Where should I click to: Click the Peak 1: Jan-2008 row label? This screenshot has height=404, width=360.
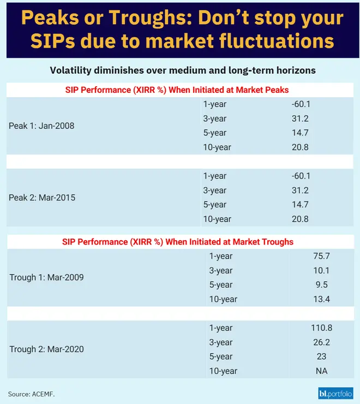tap(41, 126)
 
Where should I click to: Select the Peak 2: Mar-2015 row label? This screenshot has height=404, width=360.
tap(42, 198)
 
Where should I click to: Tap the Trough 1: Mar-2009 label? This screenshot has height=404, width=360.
tap(46, 277)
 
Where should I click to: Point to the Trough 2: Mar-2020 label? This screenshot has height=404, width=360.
tap(46, 349)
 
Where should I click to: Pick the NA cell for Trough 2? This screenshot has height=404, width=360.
tap(321, 371)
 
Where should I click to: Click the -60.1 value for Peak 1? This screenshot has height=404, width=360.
tap(301, 104)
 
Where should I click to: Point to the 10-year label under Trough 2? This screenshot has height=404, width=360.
tap(224, 371)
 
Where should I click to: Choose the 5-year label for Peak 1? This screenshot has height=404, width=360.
tap(214, 133)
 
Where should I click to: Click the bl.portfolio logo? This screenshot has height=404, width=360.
tap(335, 393)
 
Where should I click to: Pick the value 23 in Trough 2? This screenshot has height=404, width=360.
tap(321, 357)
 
